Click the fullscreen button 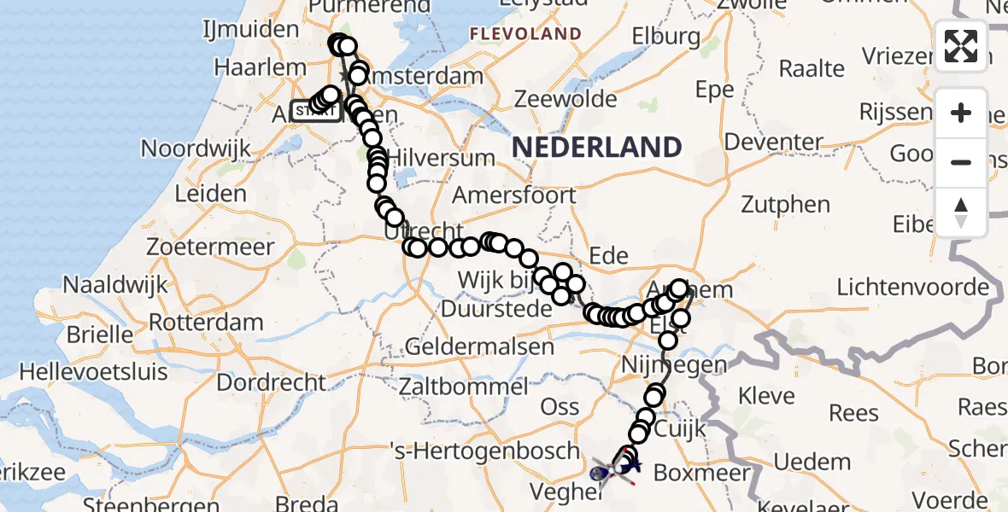(961, 45)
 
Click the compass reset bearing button (961, 212)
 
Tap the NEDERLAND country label (597, 147)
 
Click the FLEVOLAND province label (525, 35)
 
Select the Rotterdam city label (206, 323)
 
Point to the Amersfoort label (513, 195)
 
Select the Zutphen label (785, 204)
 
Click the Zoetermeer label (210, 247)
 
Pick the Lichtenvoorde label (912, 287)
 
